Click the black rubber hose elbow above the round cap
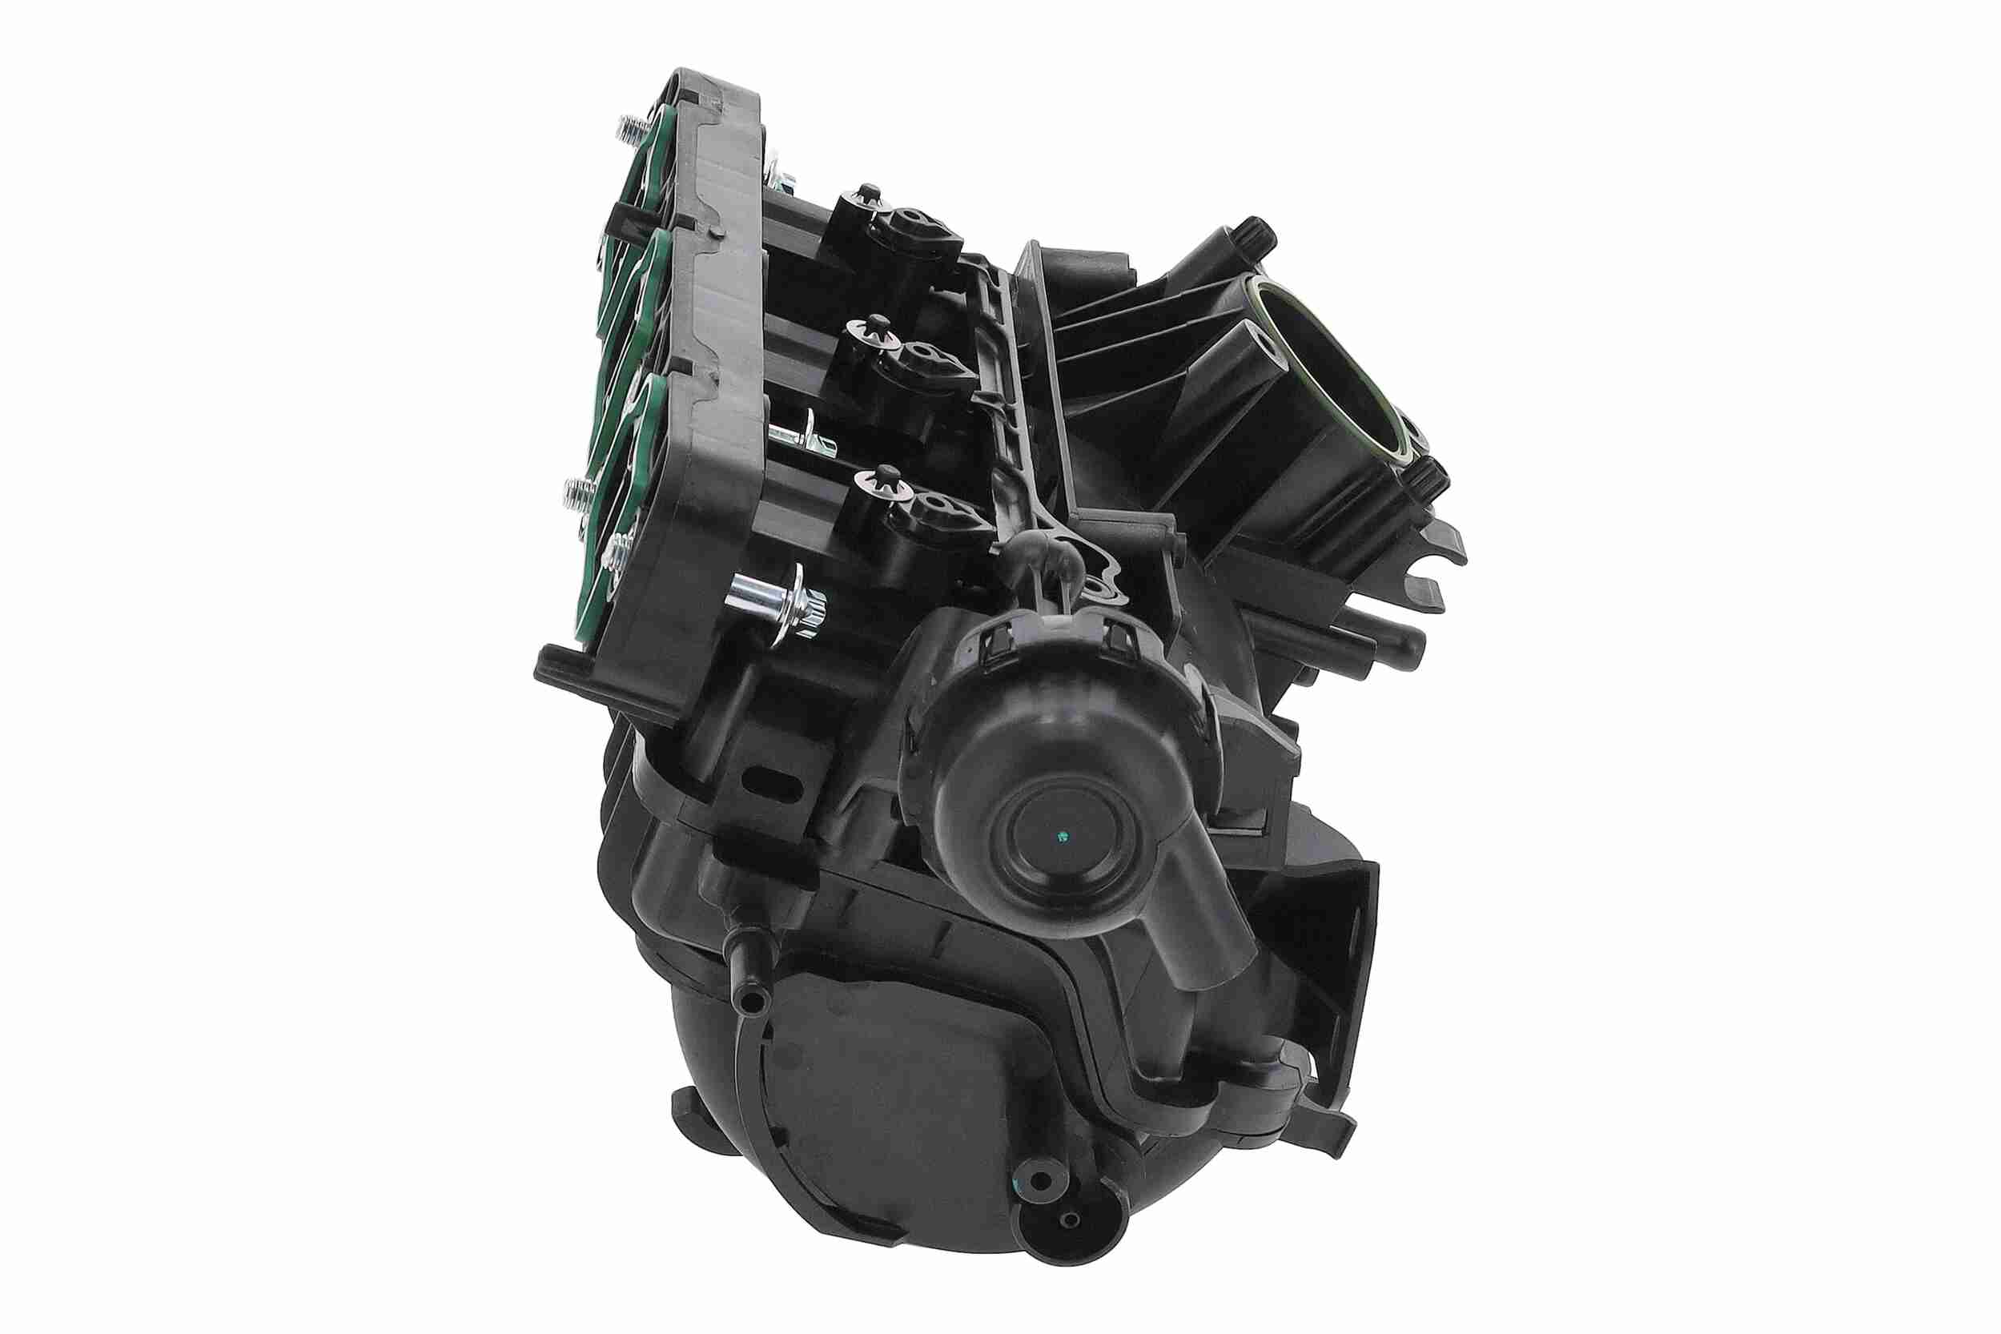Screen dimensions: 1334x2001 pyautogui.click(x=1043, y=564)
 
